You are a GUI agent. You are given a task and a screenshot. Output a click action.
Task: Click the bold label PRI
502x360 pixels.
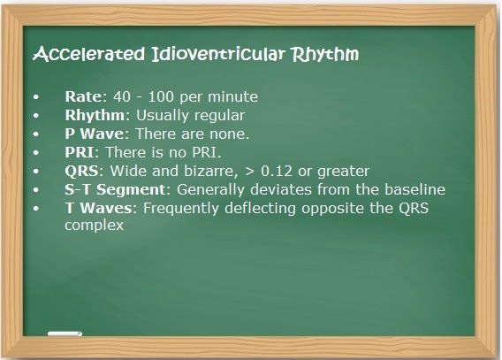(78, 152)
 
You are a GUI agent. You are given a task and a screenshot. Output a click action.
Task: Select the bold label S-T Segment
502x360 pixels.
(110, 189)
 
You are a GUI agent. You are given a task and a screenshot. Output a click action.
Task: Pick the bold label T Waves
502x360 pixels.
(97, 208)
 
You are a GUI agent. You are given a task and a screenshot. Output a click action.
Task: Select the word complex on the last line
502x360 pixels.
(94, 226)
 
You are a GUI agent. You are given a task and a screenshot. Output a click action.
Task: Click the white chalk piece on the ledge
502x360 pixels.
(63, 335)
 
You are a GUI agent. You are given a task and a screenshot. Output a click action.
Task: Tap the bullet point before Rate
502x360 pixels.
(36, 96)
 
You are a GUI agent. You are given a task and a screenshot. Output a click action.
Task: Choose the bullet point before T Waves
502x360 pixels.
(36, 208)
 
